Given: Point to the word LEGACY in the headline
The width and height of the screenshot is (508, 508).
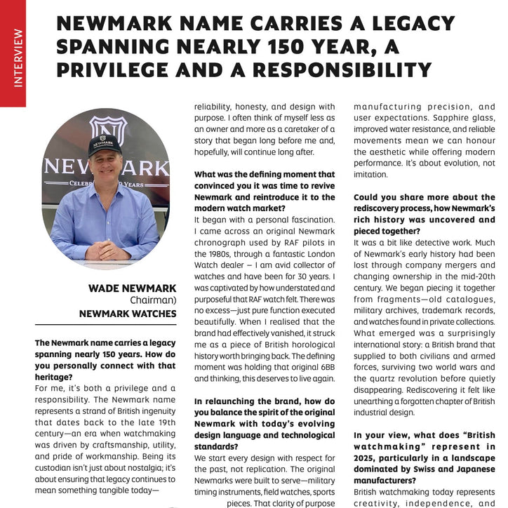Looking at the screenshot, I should (408, 24).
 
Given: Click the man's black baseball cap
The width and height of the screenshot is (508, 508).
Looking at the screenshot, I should (104, 145).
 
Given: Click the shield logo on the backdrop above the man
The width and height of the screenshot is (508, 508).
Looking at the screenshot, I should (108, 129).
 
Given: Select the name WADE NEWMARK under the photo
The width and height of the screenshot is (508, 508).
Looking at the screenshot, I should (132, 288).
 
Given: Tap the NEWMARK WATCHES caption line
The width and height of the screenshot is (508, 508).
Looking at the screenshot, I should (127, 314).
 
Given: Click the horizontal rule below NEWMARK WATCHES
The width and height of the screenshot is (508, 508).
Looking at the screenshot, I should (105, 324).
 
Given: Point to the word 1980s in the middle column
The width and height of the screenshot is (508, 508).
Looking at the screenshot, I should (209, 253).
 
